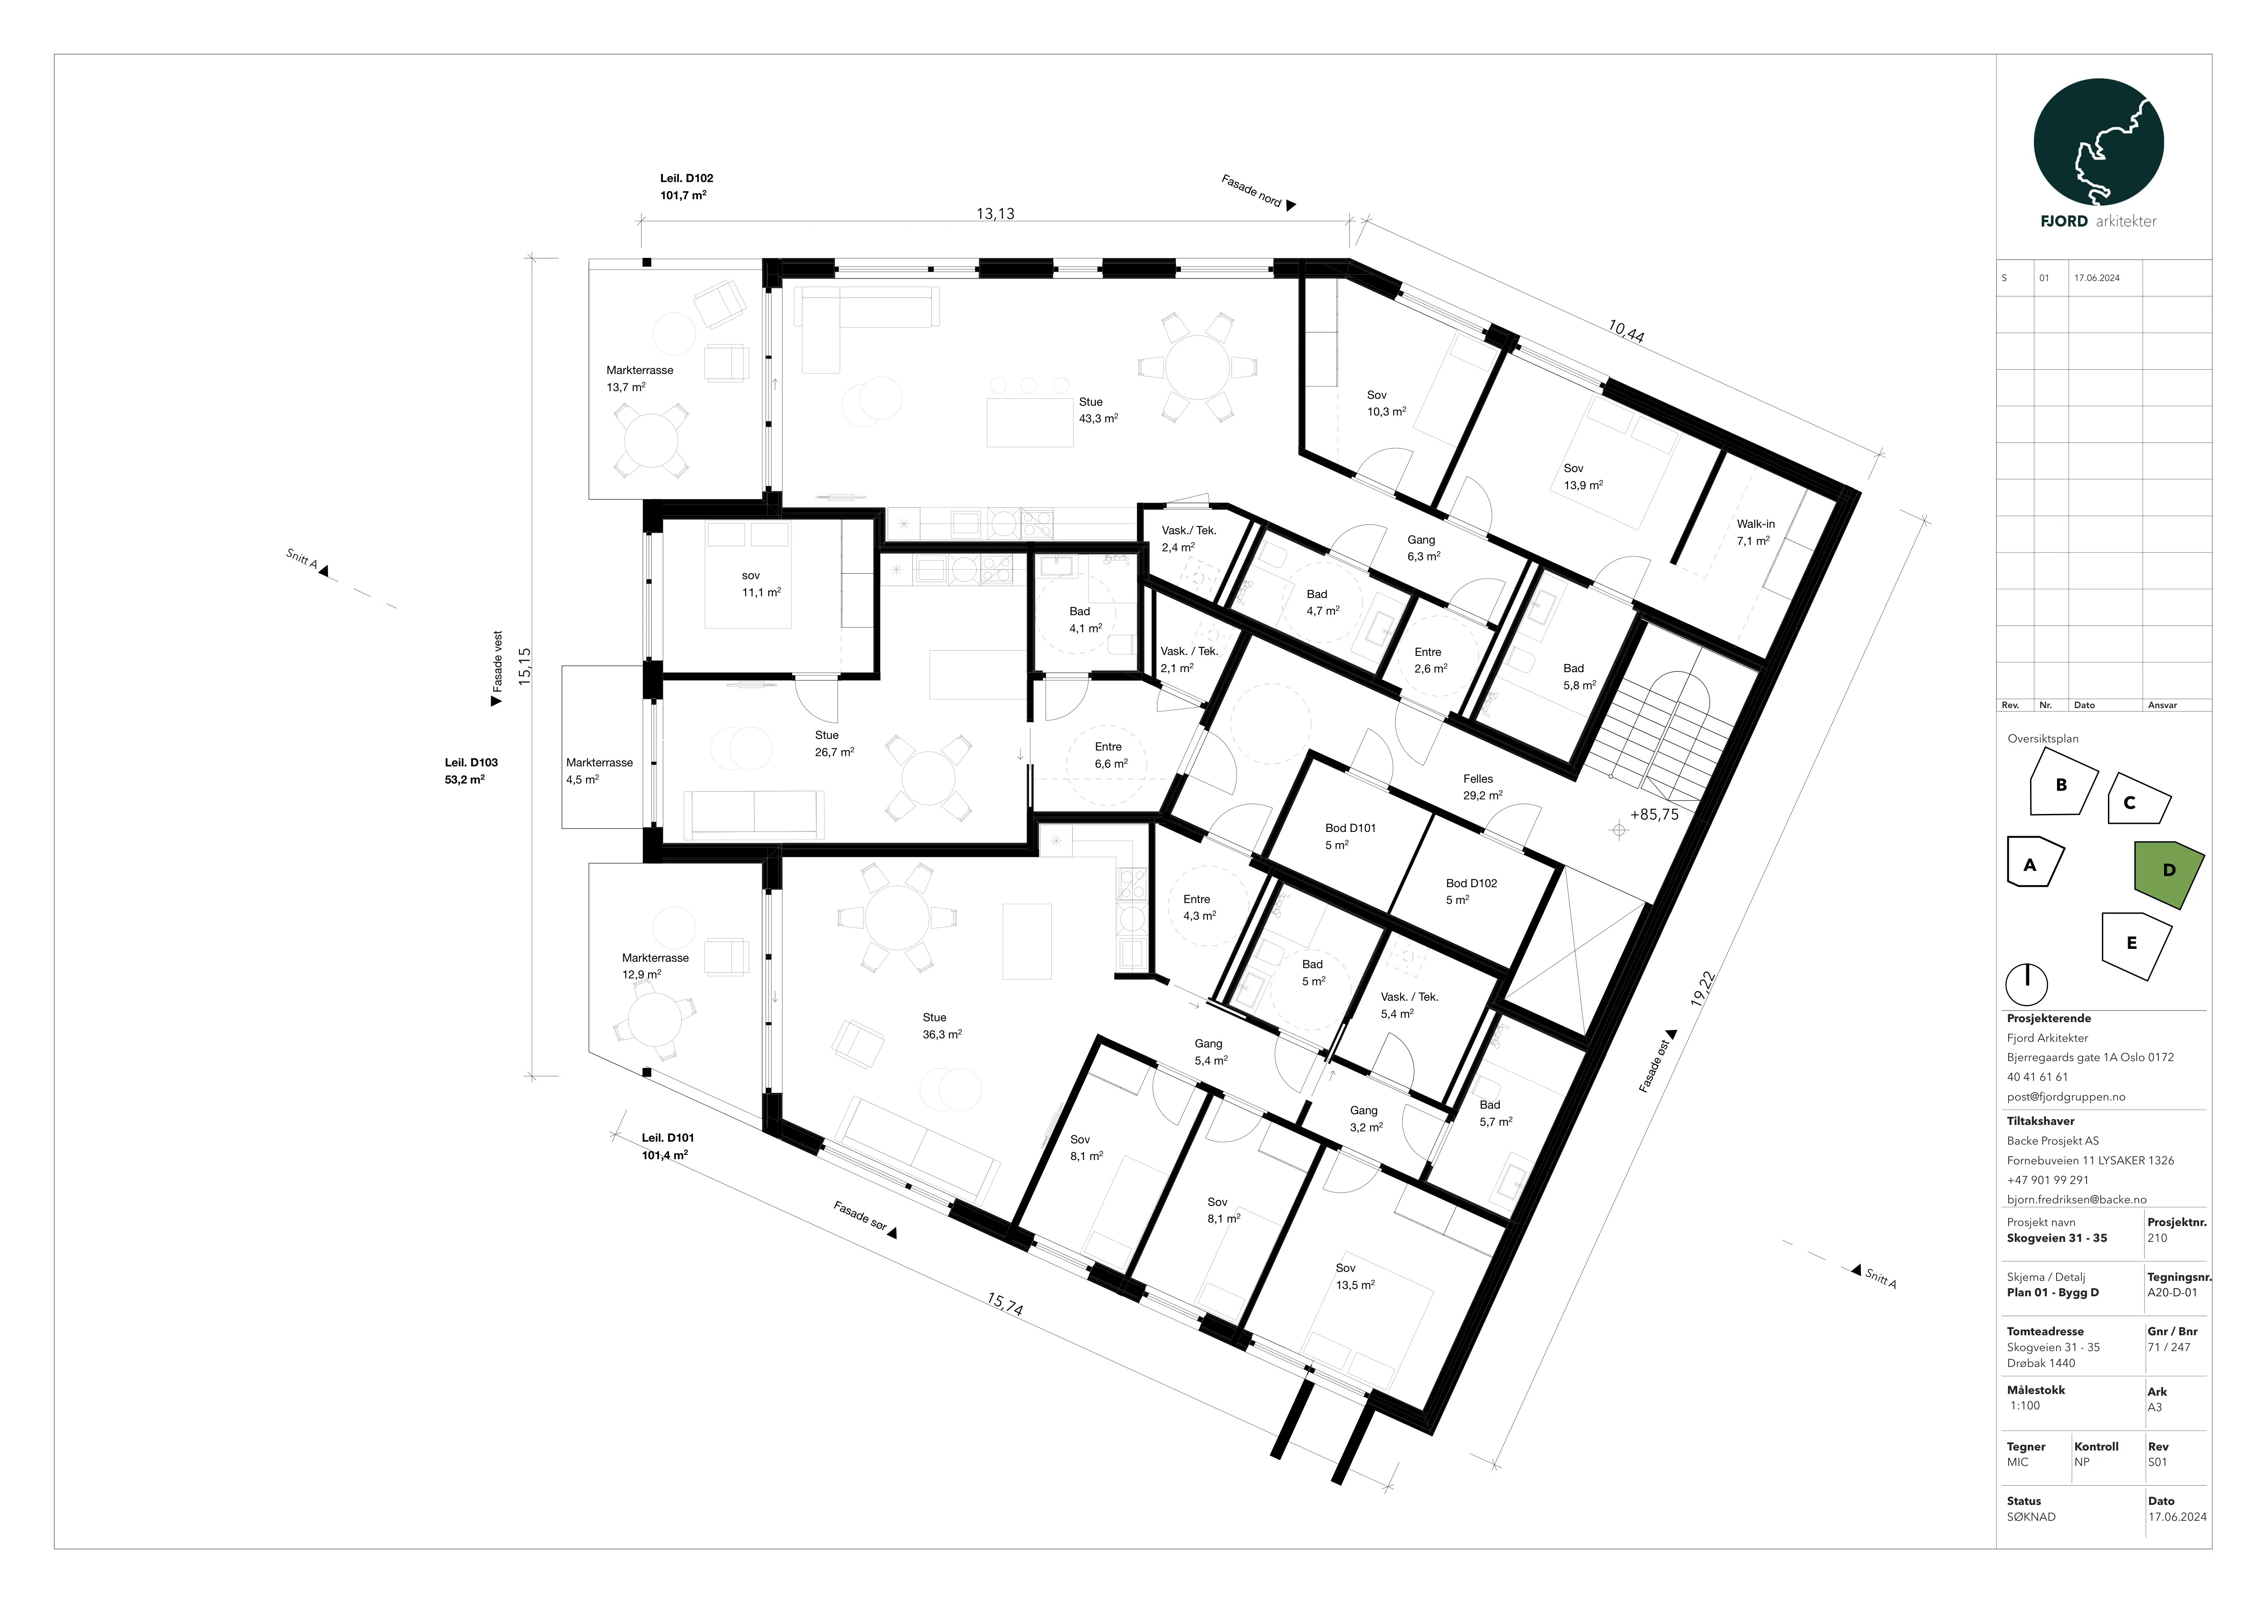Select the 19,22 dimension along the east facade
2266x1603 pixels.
[x=1702, y=988]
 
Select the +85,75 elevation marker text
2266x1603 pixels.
[x=1654, y=815]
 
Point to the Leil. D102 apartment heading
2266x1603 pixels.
[x=687, y=179]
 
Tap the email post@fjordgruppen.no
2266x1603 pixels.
[x=2066, y=1097]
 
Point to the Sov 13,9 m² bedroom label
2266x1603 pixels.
[x=1583, y=477]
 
